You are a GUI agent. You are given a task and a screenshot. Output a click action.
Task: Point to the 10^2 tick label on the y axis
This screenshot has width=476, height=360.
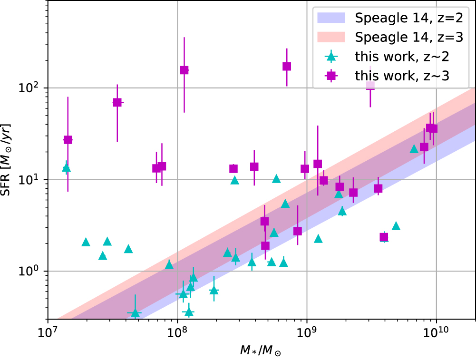click(x=32, y=88)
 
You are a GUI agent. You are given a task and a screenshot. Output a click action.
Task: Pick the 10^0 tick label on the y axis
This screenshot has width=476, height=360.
click(x=32, y=272)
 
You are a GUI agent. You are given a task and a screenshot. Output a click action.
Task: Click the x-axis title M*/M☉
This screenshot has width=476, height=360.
click(x=262, y=350)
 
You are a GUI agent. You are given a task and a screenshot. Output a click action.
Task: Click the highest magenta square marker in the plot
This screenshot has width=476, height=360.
click(x=287, y=67)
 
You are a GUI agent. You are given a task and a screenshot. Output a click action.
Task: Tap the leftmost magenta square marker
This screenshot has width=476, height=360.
click(x=68, y=140)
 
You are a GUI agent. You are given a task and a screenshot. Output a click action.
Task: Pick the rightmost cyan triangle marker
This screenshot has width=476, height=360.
click(x=414, y=149)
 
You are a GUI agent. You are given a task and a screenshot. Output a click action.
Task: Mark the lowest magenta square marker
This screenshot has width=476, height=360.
click(x=384, y=237)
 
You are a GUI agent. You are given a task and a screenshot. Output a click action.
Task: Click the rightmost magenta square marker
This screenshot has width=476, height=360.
click(x=433, y=128)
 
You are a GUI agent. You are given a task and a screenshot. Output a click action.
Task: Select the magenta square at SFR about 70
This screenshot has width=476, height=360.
click(x=117, y=102)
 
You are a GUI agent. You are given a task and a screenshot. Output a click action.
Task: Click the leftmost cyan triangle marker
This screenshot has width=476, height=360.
click(x=67, y=167)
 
